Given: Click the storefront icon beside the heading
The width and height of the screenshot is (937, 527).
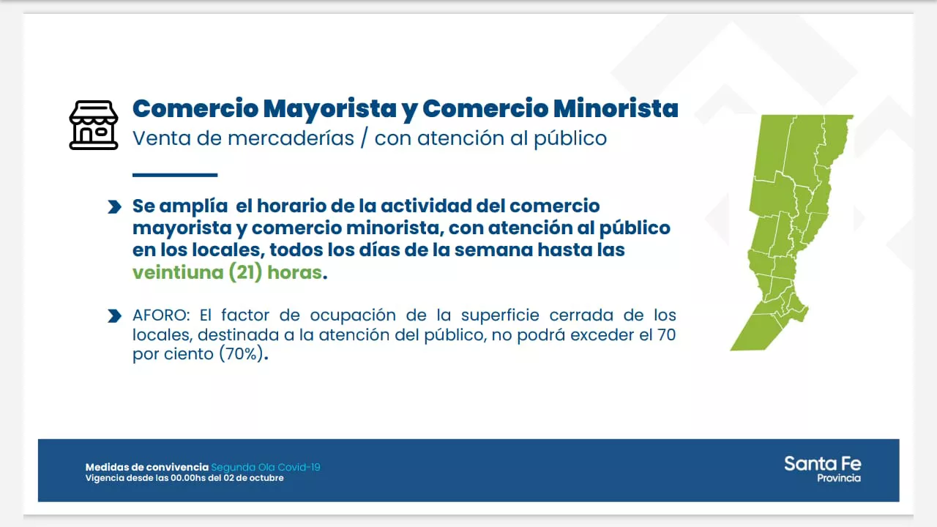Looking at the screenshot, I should click(x=94, y=125).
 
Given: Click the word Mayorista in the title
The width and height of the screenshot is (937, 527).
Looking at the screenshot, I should click(x=329, y=108).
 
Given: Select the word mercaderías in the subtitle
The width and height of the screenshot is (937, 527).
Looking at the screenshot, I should click(x=291, y=138).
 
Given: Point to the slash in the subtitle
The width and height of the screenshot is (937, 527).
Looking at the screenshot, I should click(x=364, y=138).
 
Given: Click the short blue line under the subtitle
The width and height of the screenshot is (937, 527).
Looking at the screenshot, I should click(x=175, y=175).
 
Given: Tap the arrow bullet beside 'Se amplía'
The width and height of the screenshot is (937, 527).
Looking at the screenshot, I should click(x=114, y=207).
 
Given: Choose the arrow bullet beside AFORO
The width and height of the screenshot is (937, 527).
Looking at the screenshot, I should click(x=114, y=316).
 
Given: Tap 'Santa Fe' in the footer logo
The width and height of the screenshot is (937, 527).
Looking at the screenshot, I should click(x=822, y=463).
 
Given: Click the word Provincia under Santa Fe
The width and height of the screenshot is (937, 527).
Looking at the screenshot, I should click(x=839, y=478).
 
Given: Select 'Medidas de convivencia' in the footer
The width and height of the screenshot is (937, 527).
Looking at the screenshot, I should click(x=146, y=467).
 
